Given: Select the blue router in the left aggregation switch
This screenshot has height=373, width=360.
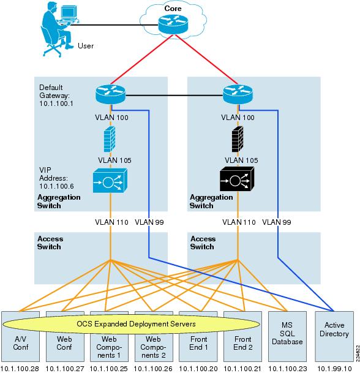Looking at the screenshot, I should click(x=111, y=94).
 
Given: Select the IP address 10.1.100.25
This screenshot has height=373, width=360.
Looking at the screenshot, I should click(x=110, y=367).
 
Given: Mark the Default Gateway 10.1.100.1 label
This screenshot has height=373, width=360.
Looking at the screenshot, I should click(x=56, y=96).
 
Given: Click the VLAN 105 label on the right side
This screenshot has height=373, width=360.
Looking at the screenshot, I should click(x=238, y=160).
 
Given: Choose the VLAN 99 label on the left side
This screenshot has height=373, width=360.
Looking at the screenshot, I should click(x=148, y=222).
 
